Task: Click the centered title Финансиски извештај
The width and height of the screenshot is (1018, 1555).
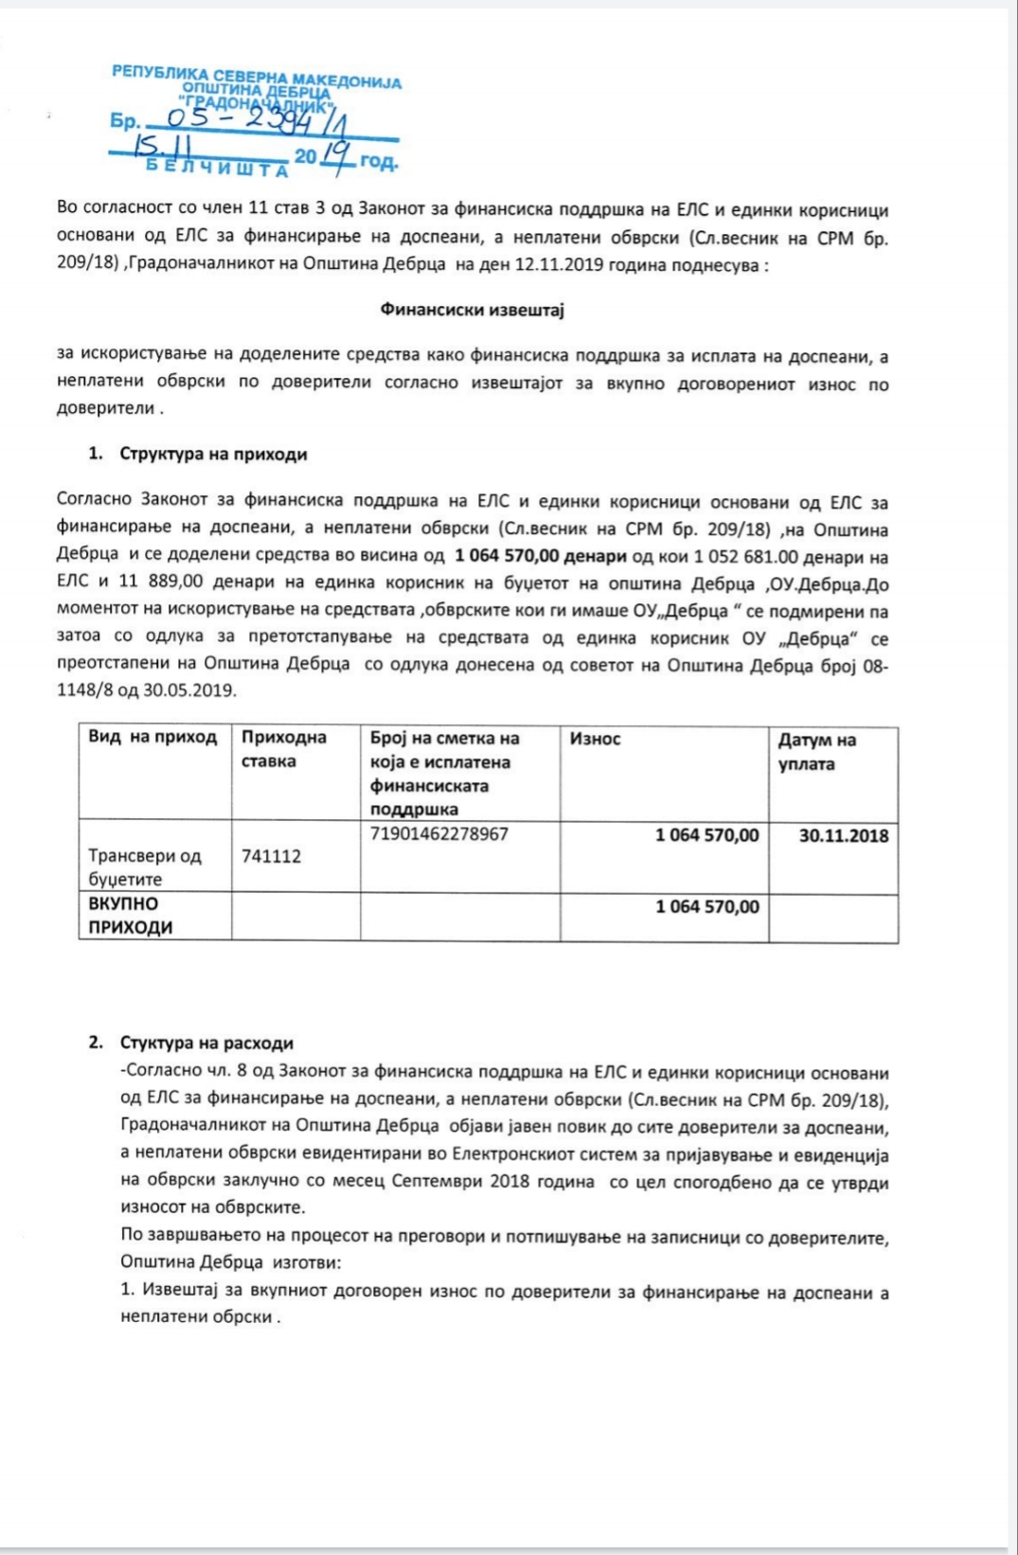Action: coord(472,310)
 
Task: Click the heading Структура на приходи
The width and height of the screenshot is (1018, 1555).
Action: coord(213,455)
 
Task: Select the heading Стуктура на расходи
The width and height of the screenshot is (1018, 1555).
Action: coord(206,1043)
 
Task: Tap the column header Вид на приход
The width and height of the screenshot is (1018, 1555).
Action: coord(152,738)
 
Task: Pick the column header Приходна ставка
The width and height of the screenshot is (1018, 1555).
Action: coord(283,749)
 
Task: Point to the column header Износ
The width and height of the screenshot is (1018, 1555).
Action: coord(595,739)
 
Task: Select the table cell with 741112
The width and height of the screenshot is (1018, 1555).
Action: coord(271,856)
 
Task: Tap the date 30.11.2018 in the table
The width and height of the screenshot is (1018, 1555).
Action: coord(843,835)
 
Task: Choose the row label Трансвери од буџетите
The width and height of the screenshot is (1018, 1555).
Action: coord(144,867)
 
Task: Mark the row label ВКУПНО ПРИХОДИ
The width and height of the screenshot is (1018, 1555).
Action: coord(131,916)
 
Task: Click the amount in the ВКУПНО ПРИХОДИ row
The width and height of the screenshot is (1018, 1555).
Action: coord(706,907)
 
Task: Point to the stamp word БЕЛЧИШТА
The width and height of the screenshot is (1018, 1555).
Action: coord(217,169)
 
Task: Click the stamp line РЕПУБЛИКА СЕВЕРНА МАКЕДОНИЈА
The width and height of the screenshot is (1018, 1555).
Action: coord(256,76)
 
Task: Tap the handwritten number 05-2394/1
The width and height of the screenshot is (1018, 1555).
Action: coord(256,120)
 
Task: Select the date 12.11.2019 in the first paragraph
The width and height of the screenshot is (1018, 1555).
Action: coord(559,265)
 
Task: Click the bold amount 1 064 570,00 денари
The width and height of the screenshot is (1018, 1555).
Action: coord(540,556)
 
